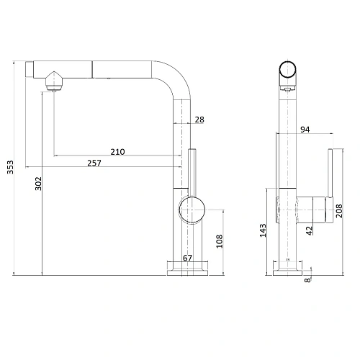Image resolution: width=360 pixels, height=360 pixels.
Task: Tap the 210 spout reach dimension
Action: pos(118,151)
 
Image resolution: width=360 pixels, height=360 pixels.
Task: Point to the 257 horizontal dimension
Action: pos(94,163)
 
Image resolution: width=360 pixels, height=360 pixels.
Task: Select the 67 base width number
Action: pos(188,258)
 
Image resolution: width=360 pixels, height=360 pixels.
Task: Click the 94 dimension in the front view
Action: pos(304,130)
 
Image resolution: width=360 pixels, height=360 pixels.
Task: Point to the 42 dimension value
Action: pos(309,231)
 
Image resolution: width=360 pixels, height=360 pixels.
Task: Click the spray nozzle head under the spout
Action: pos(53,81)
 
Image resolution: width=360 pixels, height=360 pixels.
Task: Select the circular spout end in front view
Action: pos(287,73)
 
